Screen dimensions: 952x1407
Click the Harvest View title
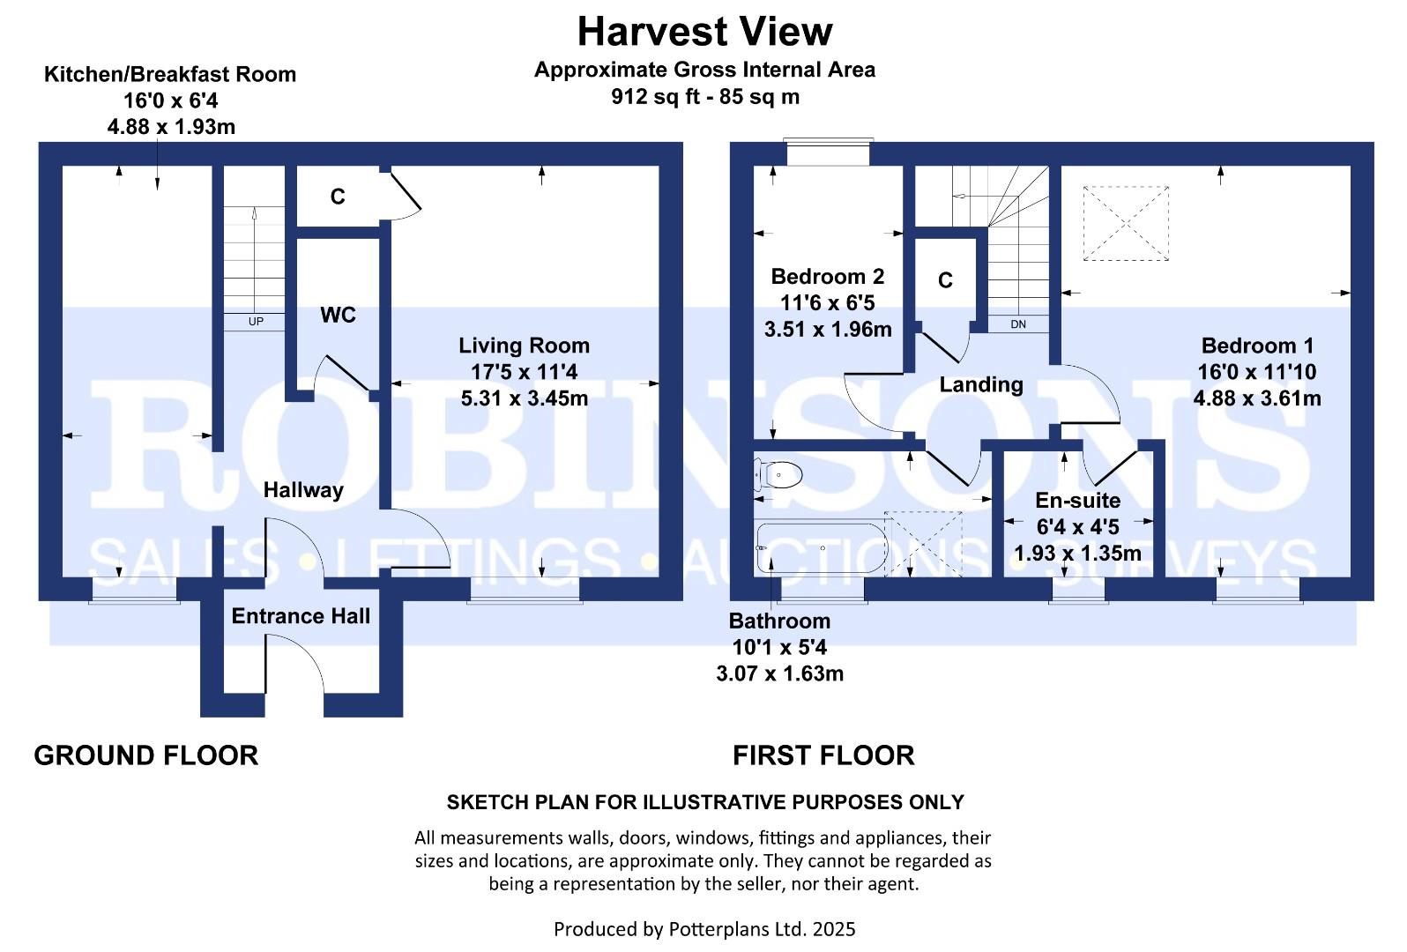pyautogui.click(x=704, y=33)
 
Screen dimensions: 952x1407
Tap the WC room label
pyautogui.click(x=338, y=316)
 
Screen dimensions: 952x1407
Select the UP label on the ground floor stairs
pyautogui.click(x=255, y=322)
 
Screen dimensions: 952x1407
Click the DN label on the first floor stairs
pyautogui.click(x=1018, y=324)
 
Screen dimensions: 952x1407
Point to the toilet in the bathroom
pyautogui.click(x=779, y=475)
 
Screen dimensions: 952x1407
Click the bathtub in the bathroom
pyautogui.click(x=821, y=548)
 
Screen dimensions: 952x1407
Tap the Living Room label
pyautogui.click(x=524, y=346)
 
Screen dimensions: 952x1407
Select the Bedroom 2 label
pyautogui.click(x=827, y=277)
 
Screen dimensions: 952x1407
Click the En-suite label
pyautogui.click(x=1077, y=501)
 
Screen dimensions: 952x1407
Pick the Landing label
pyautogui.click(x=980, y=384)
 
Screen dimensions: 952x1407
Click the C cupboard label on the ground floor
pyautogui.click(x=338, y=197)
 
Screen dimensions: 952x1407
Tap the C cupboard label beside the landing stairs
pyautogui.click(x=945, y=280)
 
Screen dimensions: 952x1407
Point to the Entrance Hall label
pyautogui.click(x=301, y=616)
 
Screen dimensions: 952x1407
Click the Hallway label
pyautogui.click(x=303, y=490)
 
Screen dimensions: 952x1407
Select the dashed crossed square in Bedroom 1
pyautogui.click(x=1125, y=223)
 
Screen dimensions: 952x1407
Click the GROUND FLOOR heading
pyautogui.click(x=146, y=755)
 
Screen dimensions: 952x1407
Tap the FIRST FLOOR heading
pyautogui.click(x=823, y=755)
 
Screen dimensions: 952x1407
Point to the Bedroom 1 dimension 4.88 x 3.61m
pyautogui.click(x=1257, y=398)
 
